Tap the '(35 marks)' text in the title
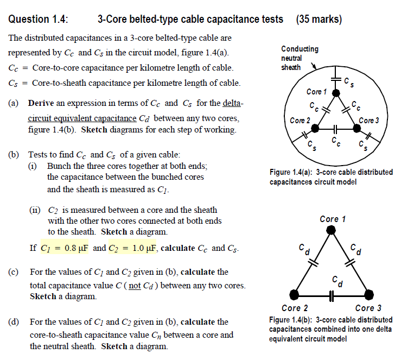pos(319,20)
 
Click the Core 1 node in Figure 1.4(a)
pos(336,93)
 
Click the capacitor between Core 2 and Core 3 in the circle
pos(335,129)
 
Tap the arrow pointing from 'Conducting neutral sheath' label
pos(314,67)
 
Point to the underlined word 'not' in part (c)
pos(134,285)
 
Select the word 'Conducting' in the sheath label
pos(300,49)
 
